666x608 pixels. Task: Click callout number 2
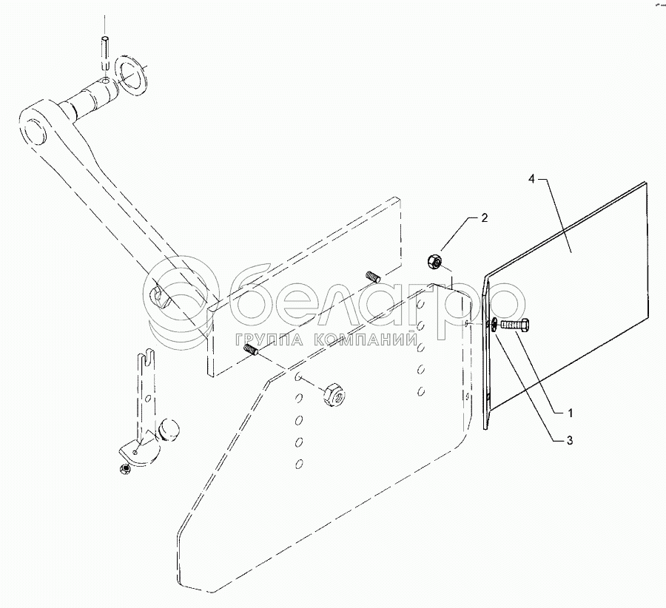[x=484, y=218]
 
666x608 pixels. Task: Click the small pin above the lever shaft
[x=106, y=52]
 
